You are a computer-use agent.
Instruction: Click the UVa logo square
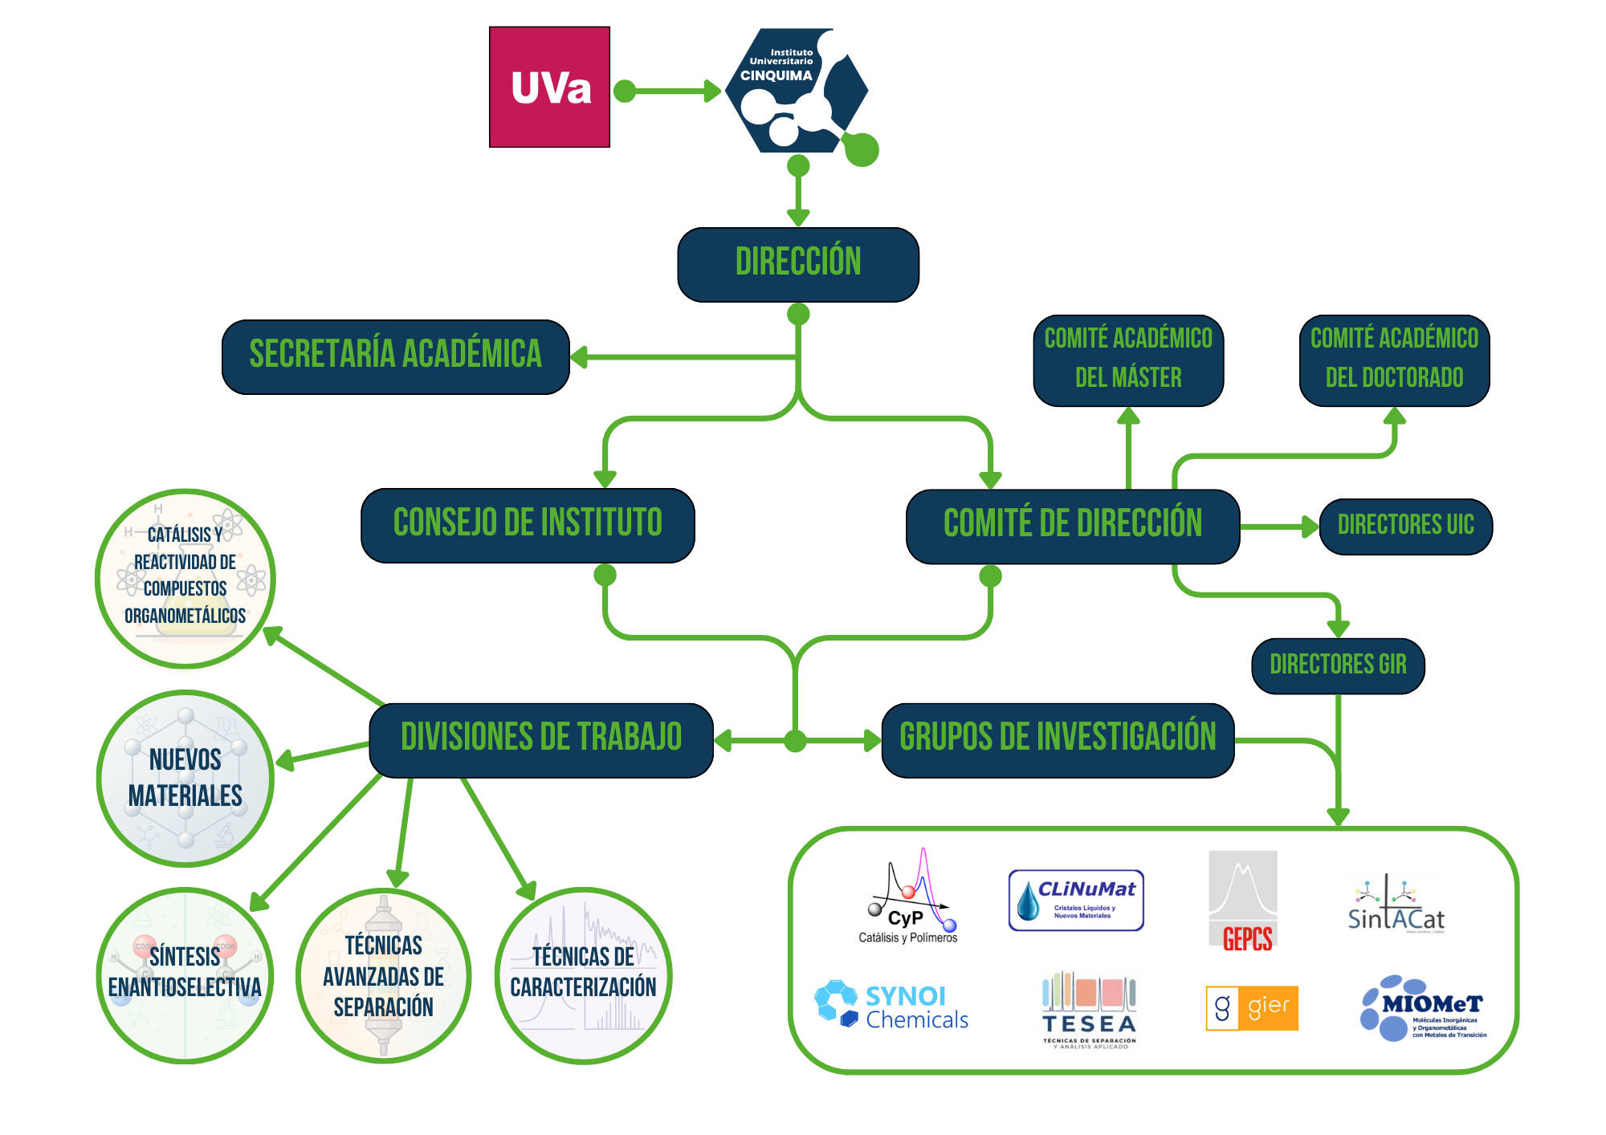click(550, 87)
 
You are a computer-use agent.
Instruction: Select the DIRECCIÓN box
click(798, 264)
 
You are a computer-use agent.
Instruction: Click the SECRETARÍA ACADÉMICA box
click(395, 356)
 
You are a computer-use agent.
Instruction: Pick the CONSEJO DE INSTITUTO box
click(528, 525)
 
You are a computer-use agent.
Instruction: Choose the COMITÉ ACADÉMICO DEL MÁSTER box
click(1128, 360)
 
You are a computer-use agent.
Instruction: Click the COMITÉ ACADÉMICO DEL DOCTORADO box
click(1394, 360)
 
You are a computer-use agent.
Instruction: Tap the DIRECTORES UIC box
click(1405, 526)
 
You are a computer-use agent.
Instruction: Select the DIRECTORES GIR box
click(1338, 665)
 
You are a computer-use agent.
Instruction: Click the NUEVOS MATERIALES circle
click(185, 778)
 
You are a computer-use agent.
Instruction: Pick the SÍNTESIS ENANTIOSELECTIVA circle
click(185, 974)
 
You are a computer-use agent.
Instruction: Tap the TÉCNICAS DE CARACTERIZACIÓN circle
click(584, 974)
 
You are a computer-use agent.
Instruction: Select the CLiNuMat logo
click(1076, 900)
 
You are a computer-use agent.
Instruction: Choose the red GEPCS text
click(1247, 938)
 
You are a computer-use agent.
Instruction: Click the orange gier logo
click(1252, 1007)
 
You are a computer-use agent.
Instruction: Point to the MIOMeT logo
click(1423, 1007)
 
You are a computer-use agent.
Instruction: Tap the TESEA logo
click(1089, 1011)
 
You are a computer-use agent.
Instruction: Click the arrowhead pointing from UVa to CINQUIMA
click(712, 91)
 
